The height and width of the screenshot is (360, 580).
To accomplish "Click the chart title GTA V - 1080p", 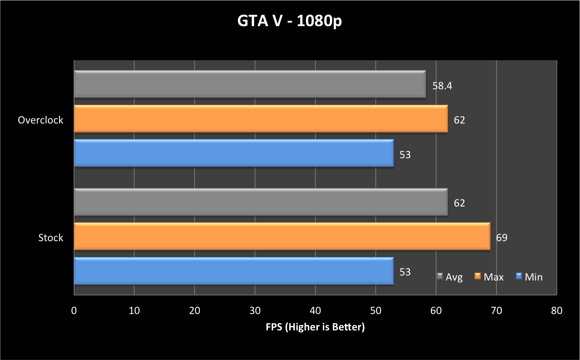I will tap(289, 21).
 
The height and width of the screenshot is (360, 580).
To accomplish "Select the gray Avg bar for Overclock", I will tap(250, 84).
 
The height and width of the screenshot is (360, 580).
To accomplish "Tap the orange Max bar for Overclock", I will tap(261, 119).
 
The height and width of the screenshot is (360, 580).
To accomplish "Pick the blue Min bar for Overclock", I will tap(234, 153).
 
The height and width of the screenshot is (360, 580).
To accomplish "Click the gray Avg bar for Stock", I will tap(261, 202).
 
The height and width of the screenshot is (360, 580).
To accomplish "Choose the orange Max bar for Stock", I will tap(282, 236).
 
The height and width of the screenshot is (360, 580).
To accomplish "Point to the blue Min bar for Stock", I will tap(234, 271).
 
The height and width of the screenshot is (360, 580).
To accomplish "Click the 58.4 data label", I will tap(442, 86).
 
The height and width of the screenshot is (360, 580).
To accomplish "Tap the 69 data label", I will tap(502, 238).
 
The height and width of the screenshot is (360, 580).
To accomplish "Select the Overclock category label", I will tap(41, 120).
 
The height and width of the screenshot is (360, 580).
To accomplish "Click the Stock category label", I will tap(51, 238).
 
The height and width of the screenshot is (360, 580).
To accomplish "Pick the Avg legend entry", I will tap(450, 277).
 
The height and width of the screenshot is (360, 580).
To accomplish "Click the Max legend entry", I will tap(489, 277).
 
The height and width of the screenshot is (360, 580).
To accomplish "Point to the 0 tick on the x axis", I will tap(74, 311).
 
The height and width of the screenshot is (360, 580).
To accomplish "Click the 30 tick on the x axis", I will tap(255, 311).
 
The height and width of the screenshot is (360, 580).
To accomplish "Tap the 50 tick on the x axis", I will tap(376, 311).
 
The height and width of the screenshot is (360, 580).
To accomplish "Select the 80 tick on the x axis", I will tap(557, 311).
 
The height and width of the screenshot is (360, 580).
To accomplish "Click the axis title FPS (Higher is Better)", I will tap(315, 327).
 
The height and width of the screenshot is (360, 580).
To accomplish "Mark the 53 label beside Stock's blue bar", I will tap(405, 272).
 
